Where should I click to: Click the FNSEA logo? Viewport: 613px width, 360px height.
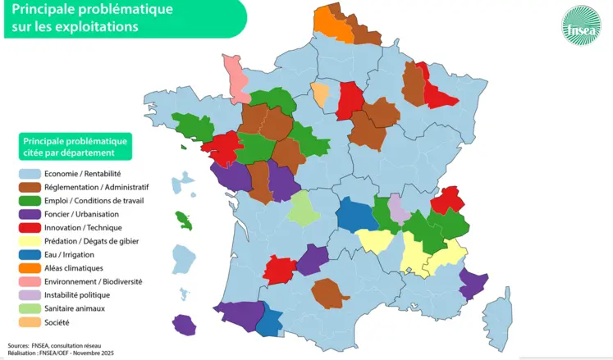click(x=580, y=26)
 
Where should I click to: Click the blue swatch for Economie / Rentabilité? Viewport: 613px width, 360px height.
click(x=30, y=174)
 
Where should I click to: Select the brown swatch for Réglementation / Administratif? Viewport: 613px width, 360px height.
click(x=30, y=188)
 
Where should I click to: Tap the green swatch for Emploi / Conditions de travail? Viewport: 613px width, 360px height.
click(x=30, y=201)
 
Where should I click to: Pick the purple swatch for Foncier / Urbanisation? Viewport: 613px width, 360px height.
click(x=30, y=215)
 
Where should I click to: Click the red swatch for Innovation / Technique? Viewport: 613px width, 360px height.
click(x=30, y=228)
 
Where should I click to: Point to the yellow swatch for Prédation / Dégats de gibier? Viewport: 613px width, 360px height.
click(x=30, y=241)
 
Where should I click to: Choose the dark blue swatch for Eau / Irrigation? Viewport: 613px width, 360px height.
click(x=30, y=255)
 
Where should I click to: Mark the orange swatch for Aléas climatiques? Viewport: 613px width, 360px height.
click(x=30, y=268)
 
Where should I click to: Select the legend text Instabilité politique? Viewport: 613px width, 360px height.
click(x=77, y=295)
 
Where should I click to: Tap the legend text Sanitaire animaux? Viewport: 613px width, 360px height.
click(x=75, y=308)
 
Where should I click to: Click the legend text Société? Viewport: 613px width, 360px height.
click(x=57, y=322)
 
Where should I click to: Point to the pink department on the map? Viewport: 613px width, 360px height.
click(x=236, y=75)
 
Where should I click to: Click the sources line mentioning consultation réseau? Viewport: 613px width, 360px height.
click(x=57, y=345)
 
